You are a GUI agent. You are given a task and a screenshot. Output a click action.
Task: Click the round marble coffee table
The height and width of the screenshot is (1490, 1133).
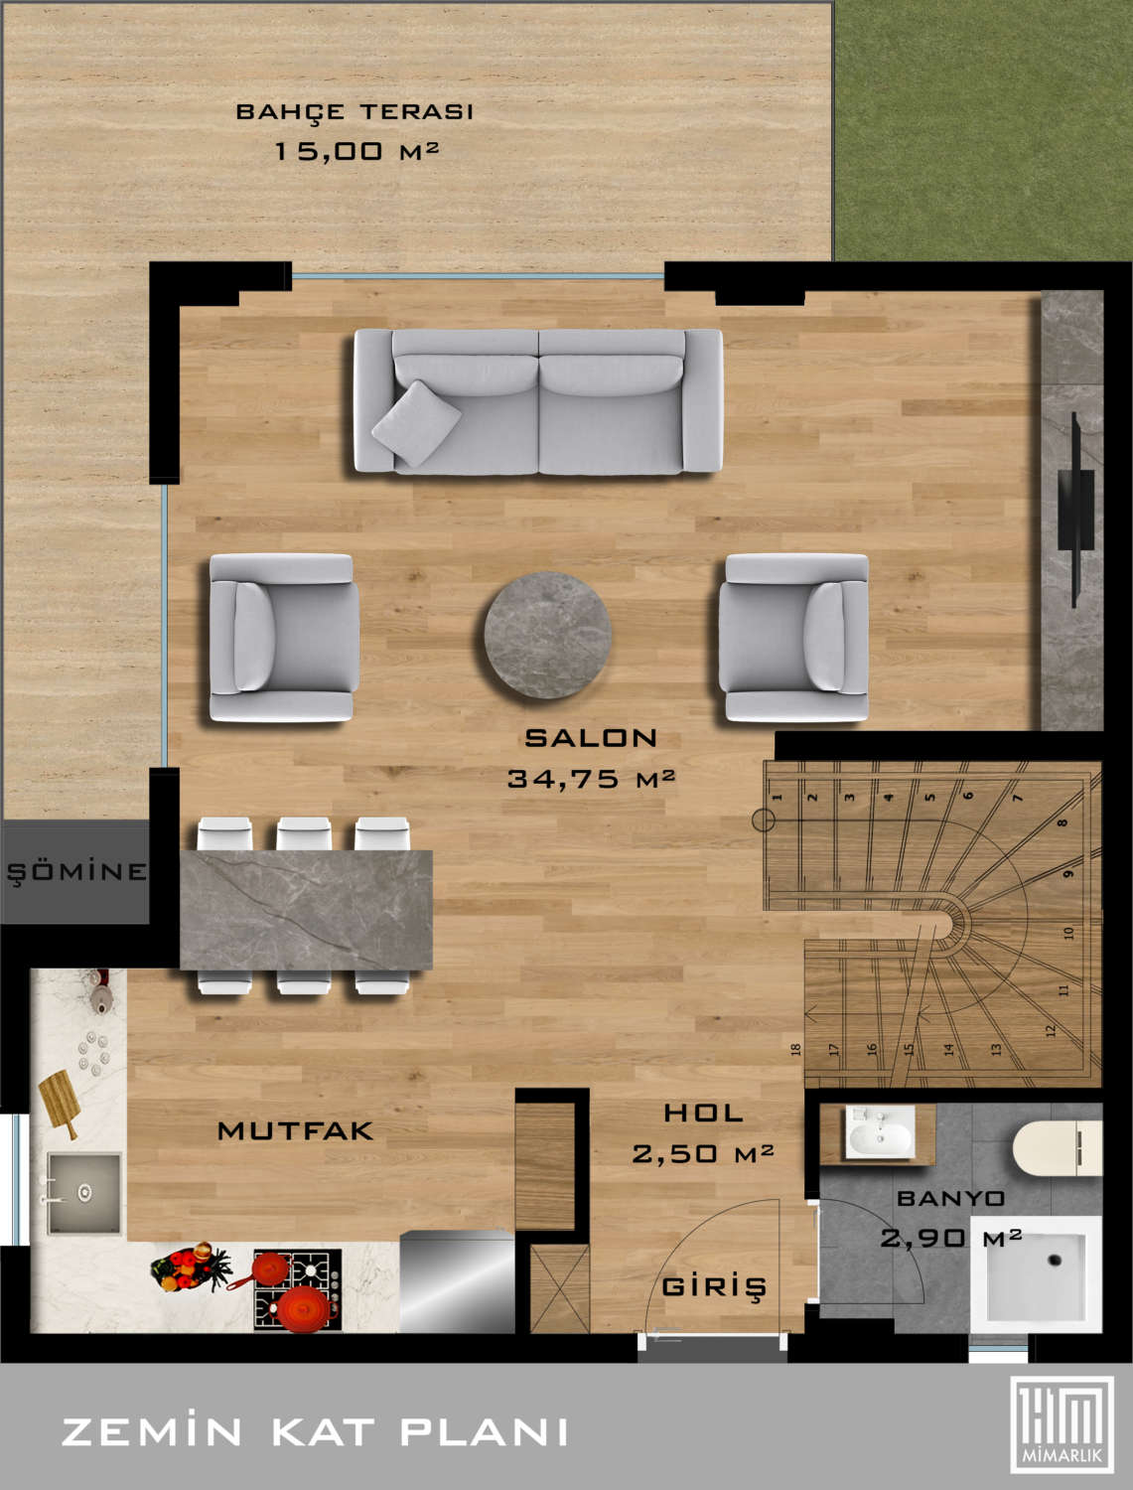coord(547,635)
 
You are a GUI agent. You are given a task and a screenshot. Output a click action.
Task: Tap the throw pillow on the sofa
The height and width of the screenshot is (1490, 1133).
coord(417,423)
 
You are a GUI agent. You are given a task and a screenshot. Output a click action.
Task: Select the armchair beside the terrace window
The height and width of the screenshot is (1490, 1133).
coord(284,637)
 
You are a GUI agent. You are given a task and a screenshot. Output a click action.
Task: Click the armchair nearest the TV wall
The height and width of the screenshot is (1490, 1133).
coord(793,637)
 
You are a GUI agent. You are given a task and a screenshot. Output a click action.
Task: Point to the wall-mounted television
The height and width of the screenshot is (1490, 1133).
coord(1076,510)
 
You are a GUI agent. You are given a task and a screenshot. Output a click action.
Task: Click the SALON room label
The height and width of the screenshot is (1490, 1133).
coord(591,738)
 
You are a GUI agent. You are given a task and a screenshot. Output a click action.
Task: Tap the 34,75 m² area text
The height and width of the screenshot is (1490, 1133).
coord(591,779)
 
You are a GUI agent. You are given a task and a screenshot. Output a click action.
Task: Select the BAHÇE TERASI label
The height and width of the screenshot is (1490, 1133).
coord(354,112)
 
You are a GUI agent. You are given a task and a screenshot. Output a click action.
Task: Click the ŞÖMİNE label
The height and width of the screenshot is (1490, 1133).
coord(76,871)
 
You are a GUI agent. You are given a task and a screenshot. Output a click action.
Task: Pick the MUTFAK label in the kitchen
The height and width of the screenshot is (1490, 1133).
coord(295,1130)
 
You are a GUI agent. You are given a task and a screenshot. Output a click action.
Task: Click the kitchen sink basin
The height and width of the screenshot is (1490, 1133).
coord(84,1193)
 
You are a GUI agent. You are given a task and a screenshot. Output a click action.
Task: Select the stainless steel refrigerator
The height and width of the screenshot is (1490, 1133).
coord(457,1281)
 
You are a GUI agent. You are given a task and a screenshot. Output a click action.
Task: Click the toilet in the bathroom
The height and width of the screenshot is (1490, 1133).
coord(1057,1147)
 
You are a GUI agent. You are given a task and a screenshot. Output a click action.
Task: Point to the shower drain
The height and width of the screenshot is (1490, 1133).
coord(1055,1260)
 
